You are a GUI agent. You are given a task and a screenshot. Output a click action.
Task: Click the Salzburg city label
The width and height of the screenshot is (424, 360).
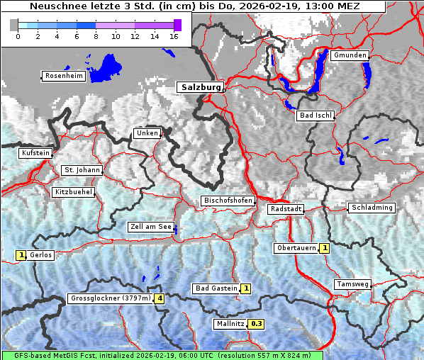(x=199, y=87)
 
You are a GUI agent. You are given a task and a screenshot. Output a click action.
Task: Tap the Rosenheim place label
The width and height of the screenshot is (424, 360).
(x=64, y=76)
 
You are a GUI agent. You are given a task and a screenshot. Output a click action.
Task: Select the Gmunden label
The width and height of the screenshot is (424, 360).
(x=349, y=55)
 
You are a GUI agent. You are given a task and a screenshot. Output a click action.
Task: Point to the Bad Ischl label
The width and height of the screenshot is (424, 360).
(x=315, y=116)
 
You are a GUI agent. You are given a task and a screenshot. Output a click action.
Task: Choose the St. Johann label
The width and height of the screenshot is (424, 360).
(x=82, y=170)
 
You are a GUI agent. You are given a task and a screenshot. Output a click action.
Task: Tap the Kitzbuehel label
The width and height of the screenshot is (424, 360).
(x=73, y=192)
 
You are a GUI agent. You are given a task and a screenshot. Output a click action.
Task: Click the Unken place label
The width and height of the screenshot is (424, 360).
(x=147, y=133)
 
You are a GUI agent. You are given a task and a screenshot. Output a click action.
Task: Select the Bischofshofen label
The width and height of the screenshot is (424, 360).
(x=228, y=201)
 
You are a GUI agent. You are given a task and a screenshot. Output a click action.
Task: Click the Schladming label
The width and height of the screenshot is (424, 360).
(x=371, y=208)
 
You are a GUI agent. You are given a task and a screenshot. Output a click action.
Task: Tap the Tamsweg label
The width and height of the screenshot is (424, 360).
(x=352, y=284)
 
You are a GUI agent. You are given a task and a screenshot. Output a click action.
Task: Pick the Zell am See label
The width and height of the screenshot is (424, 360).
(x=150, y=227)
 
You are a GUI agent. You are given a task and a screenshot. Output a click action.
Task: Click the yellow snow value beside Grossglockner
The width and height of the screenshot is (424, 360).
(x=160, y=299)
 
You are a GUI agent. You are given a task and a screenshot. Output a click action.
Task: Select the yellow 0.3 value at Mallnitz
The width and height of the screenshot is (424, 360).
(x=257, y=324)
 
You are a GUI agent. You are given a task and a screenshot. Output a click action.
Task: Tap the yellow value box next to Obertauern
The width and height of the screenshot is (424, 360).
(x=324, y=248)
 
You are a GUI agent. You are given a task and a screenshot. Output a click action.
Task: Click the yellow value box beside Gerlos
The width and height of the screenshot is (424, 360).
(x=21, y=255)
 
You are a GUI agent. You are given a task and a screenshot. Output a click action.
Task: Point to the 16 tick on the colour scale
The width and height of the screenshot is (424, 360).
(x=174, y=35)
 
